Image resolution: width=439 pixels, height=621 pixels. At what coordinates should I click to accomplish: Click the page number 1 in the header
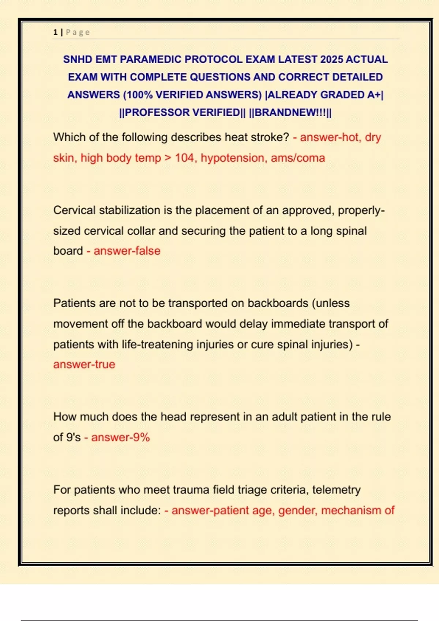[x=55, y=32]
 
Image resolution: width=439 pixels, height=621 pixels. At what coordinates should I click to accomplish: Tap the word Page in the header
[x=78, y=32]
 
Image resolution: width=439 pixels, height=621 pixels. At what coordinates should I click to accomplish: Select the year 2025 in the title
[x=331, y=59]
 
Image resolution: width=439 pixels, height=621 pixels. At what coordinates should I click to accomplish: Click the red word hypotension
[x=234, y=158]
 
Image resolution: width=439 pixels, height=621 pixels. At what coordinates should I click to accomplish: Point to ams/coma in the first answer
[x=298, y=158]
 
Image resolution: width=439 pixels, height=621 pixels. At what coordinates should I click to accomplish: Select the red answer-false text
[x=127, y=251]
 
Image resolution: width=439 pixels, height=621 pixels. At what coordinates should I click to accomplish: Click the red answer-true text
[x=84, y=365]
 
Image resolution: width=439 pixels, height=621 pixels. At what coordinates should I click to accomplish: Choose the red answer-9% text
[x=120, y=437]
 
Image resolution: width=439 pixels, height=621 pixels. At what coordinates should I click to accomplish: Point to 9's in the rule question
[x=73, y=437]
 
